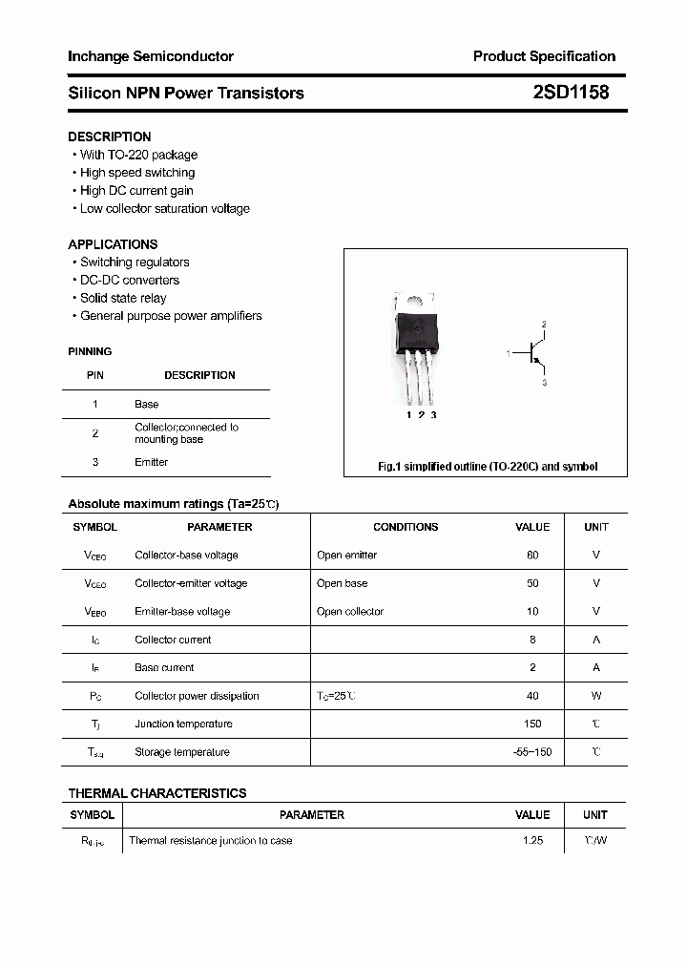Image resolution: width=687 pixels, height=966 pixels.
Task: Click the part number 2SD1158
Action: pyautogui.click(x=571, y=93)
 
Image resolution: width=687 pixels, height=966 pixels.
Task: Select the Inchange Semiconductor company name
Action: pyautogui.click(x=151, y=56)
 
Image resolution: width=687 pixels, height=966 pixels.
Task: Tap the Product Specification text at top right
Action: pyautogui.click(x=544, y=56)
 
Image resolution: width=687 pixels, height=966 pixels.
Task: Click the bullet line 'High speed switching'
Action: pyautogui.click(x=136, y=173)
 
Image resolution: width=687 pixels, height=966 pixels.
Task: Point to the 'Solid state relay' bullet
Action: pyautogui.click(x=123, y=298)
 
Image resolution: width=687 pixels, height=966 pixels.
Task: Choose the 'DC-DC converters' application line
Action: pyautogui.click(x=129, y=280)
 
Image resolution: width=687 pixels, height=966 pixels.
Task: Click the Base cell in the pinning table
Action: pyautogui.click(x=146, y=405)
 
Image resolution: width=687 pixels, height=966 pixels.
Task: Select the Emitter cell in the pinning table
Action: pyautogui.click(x=151, y=462)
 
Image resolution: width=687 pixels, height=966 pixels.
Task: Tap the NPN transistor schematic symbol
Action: pyautogui.click(x=531, y=354)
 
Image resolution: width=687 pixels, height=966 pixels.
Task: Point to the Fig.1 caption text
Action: pyautogui.click(x=488, y=467)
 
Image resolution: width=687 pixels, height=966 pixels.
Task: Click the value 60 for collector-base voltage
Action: pyautogui.click(x=532, y=555)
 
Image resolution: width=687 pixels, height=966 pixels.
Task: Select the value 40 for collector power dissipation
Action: pyautogui.click(x=532, y=696)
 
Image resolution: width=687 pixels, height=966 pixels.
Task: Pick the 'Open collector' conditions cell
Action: pyautogui.click(x=350, y=611)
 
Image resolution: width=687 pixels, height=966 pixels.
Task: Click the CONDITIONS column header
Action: pyautogui.click(x=406, y=527)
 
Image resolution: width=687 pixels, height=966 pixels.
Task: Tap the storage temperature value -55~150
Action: pyautogui.click(x=531, y=752)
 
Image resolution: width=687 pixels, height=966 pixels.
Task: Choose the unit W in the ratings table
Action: pyautogui.click(x=595, y=696)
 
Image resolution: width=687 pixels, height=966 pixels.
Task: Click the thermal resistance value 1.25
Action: pyautogui.click(x=532, y=841)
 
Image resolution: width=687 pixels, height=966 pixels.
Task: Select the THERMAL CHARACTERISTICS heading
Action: pyautogui.click(x=157, y=793)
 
